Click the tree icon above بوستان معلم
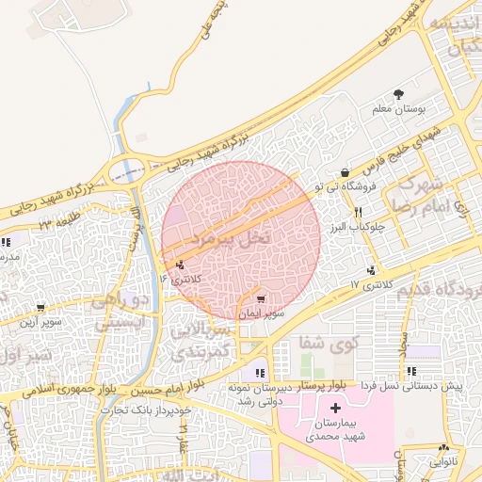(x=399, y=94)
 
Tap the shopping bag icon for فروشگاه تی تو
(x=345, y=173)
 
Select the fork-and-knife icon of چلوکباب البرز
(x=358, y=213)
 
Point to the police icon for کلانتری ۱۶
(x=180, y=265)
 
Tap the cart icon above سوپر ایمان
(x=261, y=297)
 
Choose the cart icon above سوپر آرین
(x=40, y=308)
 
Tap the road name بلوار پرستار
(x=311, y=386)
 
